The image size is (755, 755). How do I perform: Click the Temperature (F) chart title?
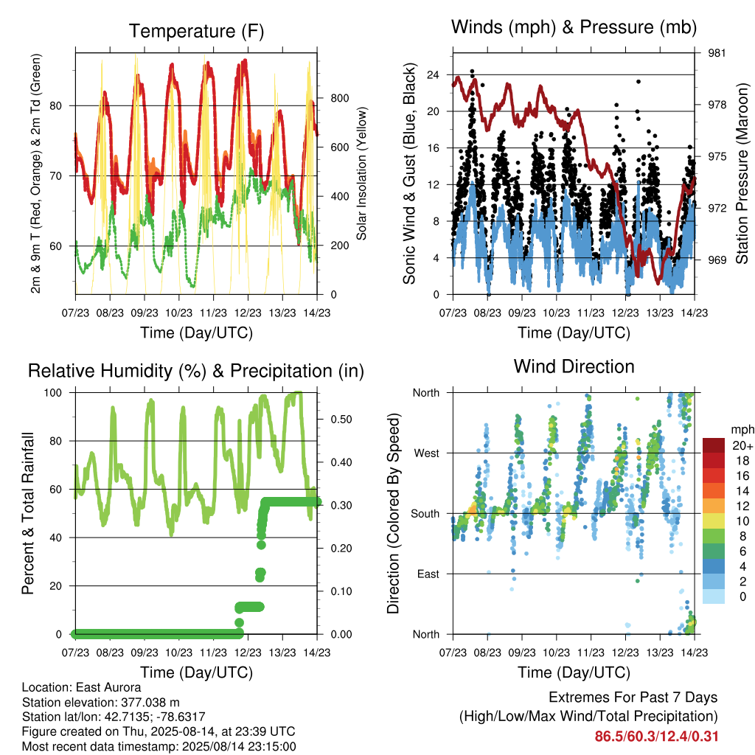pyautogui.click(x=196, y=31)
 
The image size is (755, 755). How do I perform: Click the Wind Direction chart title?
pyautogui.click(x=574, y=366)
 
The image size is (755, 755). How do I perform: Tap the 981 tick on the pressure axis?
pyautogui.click(x=717, y=53)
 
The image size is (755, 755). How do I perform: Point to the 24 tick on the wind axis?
pyautogui.click(x=433, y=74)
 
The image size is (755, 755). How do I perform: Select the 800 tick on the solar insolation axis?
pyautogui.click(x=339, y=98)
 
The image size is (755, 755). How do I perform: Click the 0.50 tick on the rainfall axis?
pyautogui.click(x=341, y=420)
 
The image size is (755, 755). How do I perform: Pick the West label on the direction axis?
pyautogui.click(x=427, y=453)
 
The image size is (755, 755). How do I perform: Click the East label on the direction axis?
pyautogui.click(x=428, y=574)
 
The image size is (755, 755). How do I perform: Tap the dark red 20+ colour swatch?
pyautogui.click(x=714, y=445)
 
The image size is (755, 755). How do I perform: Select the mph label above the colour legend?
pyautogui.click(x=742, y=430)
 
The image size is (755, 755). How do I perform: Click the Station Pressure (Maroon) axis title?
pyautogui.click(x=742, y=173)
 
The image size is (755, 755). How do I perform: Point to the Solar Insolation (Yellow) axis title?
pyautogui.click(x=361, y=173)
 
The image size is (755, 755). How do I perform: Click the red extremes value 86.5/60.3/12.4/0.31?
pyautogui.click(x=656, y=737)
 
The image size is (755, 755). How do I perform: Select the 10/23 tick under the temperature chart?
pyautogui.click(x=178, y=313)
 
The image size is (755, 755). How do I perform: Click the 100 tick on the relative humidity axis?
pyautogui.click(x=53, y=392)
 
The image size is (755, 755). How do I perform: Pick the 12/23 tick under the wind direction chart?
pyautogui.click(x=625, y=653)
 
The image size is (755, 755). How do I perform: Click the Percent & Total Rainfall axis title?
pyautogui.click(x=28, y=513)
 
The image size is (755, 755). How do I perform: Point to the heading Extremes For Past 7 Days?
pyautogui.click(x=633, y=697)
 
